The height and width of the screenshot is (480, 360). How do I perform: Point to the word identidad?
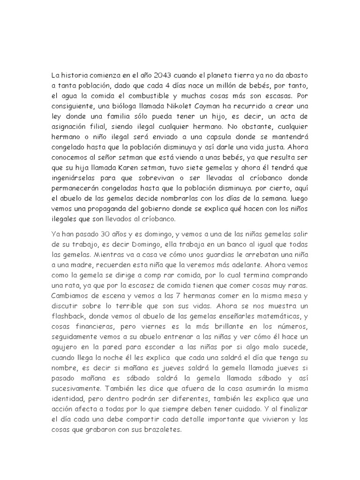pyautogui.click(x=67, y=397)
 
